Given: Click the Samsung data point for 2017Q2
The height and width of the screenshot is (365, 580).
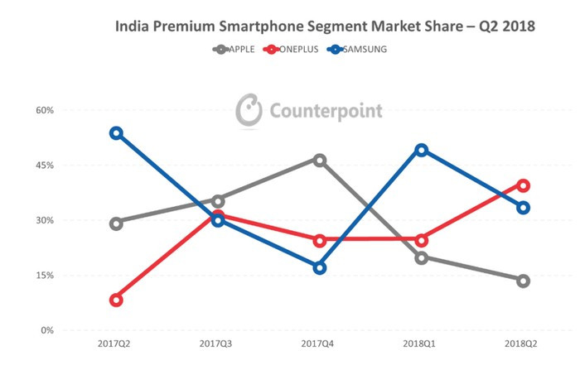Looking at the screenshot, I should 116,133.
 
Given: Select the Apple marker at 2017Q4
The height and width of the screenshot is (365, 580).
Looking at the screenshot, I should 320,160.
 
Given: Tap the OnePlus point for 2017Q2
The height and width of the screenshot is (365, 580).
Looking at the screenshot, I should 116,300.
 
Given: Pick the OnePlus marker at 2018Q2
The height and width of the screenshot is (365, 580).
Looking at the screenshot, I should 524,185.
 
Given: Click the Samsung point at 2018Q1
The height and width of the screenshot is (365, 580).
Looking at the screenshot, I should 422,150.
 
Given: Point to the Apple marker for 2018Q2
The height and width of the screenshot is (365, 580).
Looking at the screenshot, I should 524,281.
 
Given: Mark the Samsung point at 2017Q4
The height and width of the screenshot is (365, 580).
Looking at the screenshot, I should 320,267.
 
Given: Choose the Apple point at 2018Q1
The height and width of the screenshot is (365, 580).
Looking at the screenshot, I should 422,257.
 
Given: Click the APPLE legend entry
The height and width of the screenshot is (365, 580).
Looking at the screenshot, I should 234,49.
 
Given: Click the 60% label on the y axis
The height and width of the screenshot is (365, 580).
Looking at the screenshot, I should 44,110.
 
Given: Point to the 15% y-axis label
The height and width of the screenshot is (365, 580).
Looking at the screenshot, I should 44,276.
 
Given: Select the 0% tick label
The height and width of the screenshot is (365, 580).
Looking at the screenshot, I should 46,330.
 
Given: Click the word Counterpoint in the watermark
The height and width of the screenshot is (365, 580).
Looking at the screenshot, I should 325,111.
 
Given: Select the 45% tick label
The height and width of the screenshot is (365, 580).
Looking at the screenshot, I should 44,166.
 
